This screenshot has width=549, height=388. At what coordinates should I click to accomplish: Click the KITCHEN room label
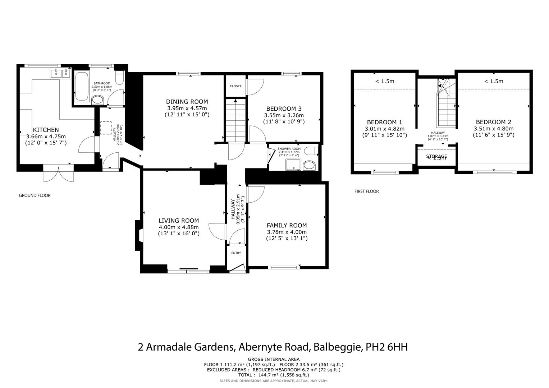pyautogui.click(x=46, y=130)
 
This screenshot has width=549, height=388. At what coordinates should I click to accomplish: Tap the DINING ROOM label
pyautogui.click(x=187, y=102)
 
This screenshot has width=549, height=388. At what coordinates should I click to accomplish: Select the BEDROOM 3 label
pyautogui.click(x=284, y=108)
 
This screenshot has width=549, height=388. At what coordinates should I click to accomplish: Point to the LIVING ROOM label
pyautogui.click(x=179, y=221)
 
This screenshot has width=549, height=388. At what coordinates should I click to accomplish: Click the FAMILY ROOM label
pyautogui.click(x=287, y=225)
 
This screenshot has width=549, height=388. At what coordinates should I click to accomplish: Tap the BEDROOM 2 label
pyautogui.click(x=493, y=122)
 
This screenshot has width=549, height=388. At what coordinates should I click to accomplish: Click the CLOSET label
pyautogui.click(x=236, y=86)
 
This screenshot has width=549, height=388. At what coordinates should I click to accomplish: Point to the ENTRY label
pyautogui.click(x=236, y=253)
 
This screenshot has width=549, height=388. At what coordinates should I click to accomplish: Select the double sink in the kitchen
pyautogui.click(x=60, y=74)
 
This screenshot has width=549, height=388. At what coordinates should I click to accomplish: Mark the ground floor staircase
pyautogui.click(x=235, y=121)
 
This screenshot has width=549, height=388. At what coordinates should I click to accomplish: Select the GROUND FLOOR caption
pyautogui.click(x=35, y=195)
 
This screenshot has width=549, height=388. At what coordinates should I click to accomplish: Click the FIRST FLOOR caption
pyautogui.click(x=366, y=191)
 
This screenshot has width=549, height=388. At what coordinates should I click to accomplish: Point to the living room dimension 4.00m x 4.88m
pyautogui.click(x=179, y=227)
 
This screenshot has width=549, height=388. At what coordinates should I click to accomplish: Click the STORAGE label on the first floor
pyautogui.click(x=436, y=156)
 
